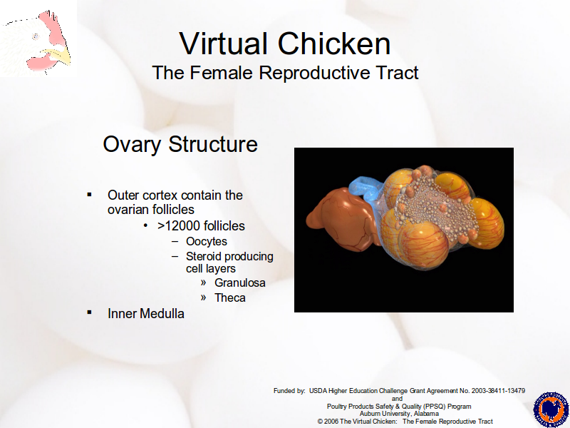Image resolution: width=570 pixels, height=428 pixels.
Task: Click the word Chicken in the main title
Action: (334, 44)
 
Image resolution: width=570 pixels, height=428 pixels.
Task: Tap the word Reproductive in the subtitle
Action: (316, 73)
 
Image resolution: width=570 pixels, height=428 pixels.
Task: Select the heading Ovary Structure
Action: (180, 144)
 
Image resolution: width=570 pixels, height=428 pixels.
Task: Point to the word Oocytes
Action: (207, 241)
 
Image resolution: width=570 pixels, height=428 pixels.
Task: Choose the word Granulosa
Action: (240, 282)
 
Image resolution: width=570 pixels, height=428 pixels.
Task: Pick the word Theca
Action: (229, 297)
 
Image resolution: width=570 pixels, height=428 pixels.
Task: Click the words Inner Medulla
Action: (146, 314)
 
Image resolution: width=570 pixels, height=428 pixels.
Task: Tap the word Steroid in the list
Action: (205, 257)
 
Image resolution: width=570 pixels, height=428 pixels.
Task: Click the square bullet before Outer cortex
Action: (90, 195)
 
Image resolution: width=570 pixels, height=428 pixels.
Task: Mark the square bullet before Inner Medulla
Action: (90, 312)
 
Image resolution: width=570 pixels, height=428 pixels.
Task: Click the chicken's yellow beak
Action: (60, 56)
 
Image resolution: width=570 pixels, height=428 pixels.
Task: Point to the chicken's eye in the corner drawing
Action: (36, 36)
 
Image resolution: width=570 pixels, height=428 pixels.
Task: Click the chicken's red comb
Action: (52, 27)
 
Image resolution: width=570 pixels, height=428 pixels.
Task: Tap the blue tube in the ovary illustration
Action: (365, 189)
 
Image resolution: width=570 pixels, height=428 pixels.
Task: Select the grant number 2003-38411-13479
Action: (498, 391)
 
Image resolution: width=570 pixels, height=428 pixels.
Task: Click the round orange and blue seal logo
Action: (551, 409)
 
